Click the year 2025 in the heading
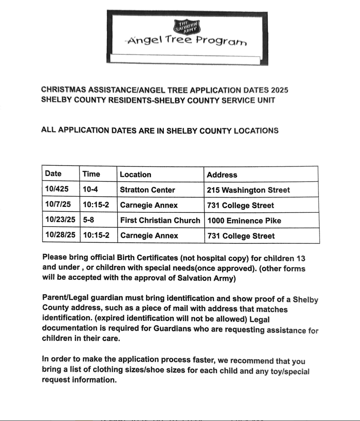coord(279,90)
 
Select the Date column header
coord(53,174)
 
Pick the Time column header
coord(91,174)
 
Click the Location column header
coord(135,175)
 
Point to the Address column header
coord(222,175)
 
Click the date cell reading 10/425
coord(57,189)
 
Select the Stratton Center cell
coord(147,190)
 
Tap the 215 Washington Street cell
coord(248,190)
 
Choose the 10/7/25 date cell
coord(58,204)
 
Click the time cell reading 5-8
coord(88,220)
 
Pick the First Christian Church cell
coord(160,220)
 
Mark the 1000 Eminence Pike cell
coord(244,221)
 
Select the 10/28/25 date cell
coord(60,235)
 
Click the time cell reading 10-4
coord(90,189)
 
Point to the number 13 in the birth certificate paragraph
coord(301,259)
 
